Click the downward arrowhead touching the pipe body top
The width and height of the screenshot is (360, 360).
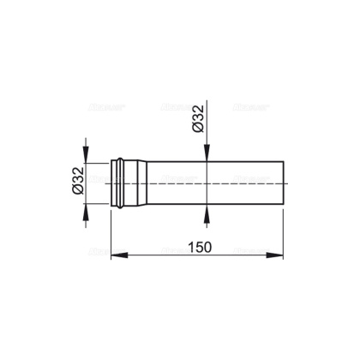click(207, 156)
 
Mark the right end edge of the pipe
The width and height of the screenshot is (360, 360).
click(282, 182)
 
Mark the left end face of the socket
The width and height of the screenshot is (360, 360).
click(112, 182)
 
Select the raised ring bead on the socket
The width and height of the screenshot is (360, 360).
click(123, 182)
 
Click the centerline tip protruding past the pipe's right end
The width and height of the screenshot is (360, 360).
click(289, 182)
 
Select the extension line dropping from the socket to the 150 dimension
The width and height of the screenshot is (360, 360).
click(112, 231)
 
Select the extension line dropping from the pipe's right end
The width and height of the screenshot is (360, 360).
click(282, 231)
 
